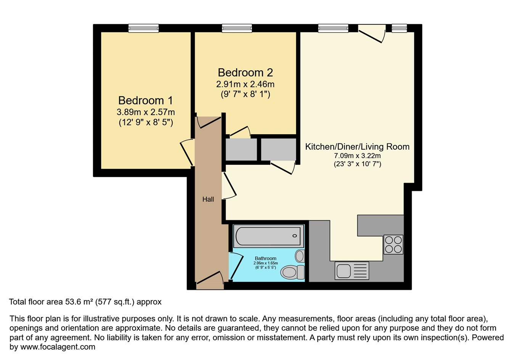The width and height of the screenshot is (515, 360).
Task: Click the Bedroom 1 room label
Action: pyautogui.click(x=145, y=100)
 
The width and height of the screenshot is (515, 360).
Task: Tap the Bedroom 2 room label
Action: pyautogui.click(x=245, y=72)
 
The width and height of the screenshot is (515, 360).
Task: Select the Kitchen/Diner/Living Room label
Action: pyautogui.click(x=357, y=146)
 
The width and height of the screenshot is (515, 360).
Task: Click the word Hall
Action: pyautogui.click(x=208, y=199)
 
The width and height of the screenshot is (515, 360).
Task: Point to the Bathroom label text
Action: pyautogui.click(x=266, y=258)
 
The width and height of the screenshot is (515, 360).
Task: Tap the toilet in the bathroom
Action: pyautogui.click(x=292, y=272)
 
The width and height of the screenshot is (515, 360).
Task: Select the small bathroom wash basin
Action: pyautogui.click(x=300, y=256)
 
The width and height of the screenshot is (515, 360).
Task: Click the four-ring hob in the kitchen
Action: pyautogui.click(x=393, y=244)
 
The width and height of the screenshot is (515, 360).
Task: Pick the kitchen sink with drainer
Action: pyautogui.click(x=351, y=271)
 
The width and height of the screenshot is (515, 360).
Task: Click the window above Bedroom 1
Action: pyautogui.click(x=143, y=28)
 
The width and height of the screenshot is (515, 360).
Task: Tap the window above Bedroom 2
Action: pyautogui.click(x=237, y=28)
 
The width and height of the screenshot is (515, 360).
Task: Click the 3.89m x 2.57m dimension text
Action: pyautogui.click(x=145, y=112)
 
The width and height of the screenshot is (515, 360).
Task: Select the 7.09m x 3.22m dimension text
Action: pyautogui.click(x=357, y=156)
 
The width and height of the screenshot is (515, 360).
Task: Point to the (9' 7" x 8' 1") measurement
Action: pyautogui.click(x=245, y=94)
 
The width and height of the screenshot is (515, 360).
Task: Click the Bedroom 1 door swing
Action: pyautogui.click(x=187, y=153)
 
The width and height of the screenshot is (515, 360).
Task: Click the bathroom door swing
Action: pyautogui.click(x=236, y=265)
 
